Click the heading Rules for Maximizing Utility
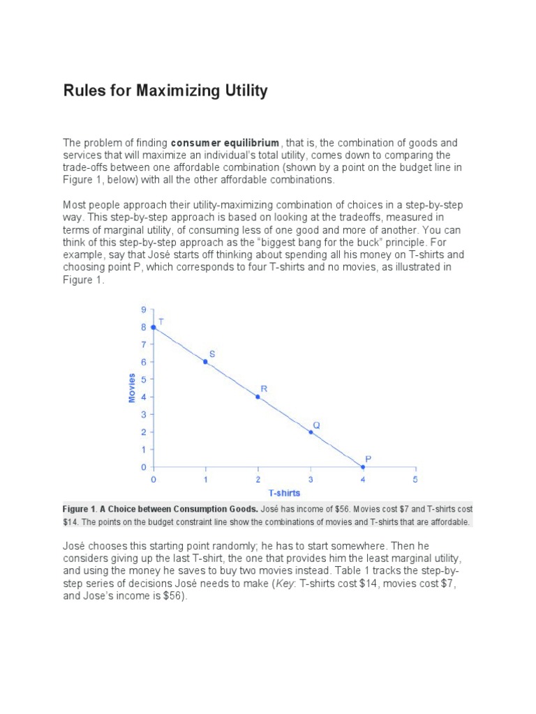[x=165, y=91]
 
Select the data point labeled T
[x=154, y=327]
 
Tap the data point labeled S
[x=205, y=362]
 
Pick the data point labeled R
[x=258, y=397]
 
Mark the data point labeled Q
[x=311, y=432]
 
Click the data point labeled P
[x=362, y=466]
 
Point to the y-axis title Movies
[x=131, y=388]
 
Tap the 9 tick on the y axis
[x=144, y=310]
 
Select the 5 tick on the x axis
[x=415, y=480]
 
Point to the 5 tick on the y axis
[x=144, y=379]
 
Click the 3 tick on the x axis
[x=311, y=480]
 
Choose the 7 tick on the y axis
[x=144, y=344]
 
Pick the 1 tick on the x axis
[x=205, y=480]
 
